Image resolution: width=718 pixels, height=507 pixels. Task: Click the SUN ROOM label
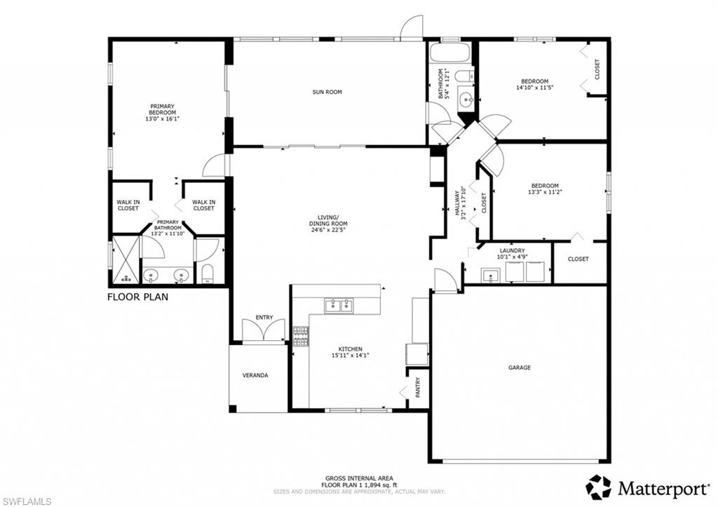[327, 92]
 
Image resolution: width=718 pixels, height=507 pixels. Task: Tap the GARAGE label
[520, 367]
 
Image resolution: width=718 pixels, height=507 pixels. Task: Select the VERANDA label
[255, 375]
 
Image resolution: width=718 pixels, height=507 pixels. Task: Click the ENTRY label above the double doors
[264, 318]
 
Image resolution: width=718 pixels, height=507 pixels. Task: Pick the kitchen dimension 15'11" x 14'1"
[351, 356]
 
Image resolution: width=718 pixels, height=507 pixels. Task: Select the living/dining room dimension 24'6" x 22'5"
[327, 229]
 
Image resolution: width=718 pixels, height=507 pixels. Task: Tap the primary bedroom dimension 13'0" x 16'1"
[162, 119]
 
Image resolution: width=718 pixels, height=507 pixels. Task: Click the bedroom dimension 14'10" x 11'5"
[535, 88]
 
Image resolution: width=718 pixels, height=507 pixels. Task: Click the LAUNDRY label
[512, 250]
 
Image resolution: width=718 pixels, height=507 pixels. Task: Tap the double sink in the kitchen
[339, 305]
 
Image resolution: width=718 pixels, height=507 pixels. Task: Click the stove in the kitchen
[300, 336]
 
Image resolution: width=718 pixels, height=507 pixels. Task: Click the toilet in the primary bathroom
[208, 273]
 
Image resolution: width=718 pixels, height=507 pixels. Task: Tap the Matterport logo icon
[598, 487]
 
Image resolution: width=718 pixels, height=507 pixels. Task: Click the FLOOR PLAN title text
[137, 297]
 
